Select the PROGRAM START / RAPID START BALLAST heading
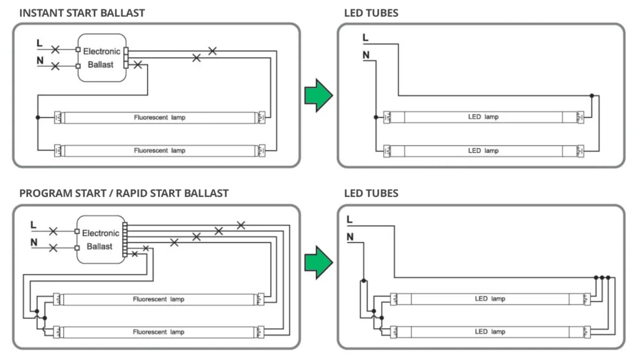tap(124, 193)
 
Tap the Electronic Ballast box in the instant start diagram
tap(101, 57)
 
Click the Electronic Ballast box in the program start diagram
tap(100, 240)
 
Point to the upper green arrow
tap(318, 95)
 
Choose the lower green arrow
tap(318, 262)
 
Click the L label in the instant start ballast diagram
tap(40, 44)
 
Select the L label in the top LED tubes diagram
tap(365, 38)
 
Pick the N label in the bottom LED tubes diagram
tap(350, 237)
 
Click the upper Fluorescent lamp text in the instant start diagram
tap(159, 117)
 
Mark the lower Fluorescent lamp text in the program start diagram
tap(159, 332)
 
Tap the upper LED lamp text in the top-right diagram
tap(483, 117)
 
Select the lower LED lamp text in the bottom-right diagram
tap(490, 331)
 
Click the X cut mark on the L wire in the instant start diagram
tap(55, 48)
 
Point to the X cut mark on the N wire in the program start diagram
tap(53, 247)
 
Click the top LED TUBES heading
tap(371, 12)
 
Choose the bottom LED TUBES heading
tap(371, 193)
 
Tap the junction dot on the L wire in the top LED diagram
tap(592, 96)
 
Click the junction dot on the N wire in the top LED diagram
tap(376, 117)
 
